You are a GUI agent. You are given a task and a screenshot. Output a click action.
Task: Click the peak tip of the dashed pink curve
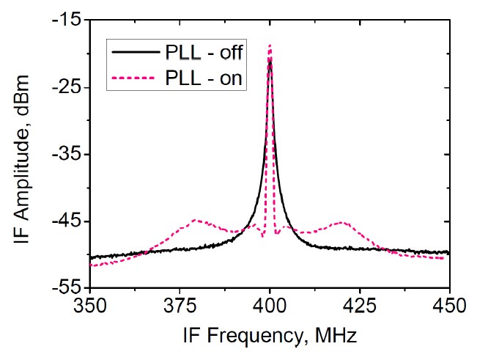pos(270,45)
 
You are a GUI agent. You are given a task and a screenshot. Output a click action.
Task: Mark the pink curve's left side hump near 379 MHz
pos(196,219)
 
